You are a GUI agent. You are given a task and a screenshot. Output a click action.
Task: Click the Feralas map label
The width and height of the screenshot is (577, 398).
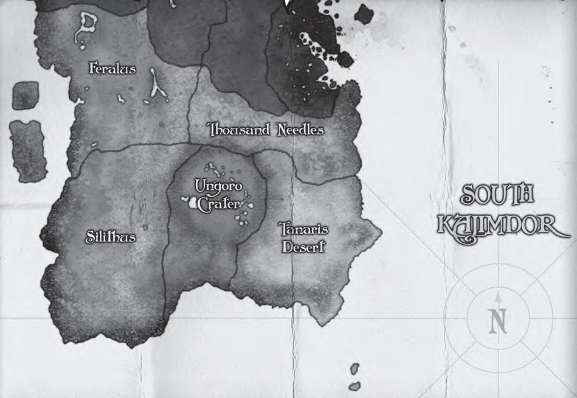pyautogui.click(x=112, y=69)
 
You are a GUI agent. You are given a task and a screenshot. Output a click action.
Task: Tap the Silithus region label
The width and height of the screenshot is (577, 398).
pyautogui.click(x=109, y=237)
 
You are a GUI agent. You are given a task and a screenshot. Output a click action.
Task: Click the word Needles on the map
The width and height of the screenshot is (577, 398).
pyautogui.click(x=300, y=130)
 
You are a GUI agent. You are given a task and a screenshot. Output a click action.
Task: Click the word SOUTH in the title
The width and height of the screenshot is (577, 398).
pyautogui.click(x=497, y=195)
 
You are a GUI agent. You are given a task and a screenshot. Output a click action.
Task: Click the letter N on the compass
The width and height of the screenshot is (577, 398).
pyautogui.click(x=498, y=321)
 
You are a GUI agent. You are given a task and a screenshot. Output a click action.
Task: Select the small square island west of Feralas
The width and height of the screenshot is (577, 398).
pyautogui.click(x=25, y=96)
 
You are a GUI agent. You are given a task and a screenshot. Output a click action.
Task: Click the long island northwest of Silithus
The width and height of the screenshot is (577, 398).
pyautogui.click(x=28, y=151)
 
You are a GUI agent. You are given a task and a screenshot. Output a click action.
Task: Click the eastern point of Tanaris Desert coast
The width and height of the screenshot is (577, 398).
pyautogui.click(x=381, y=231)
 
